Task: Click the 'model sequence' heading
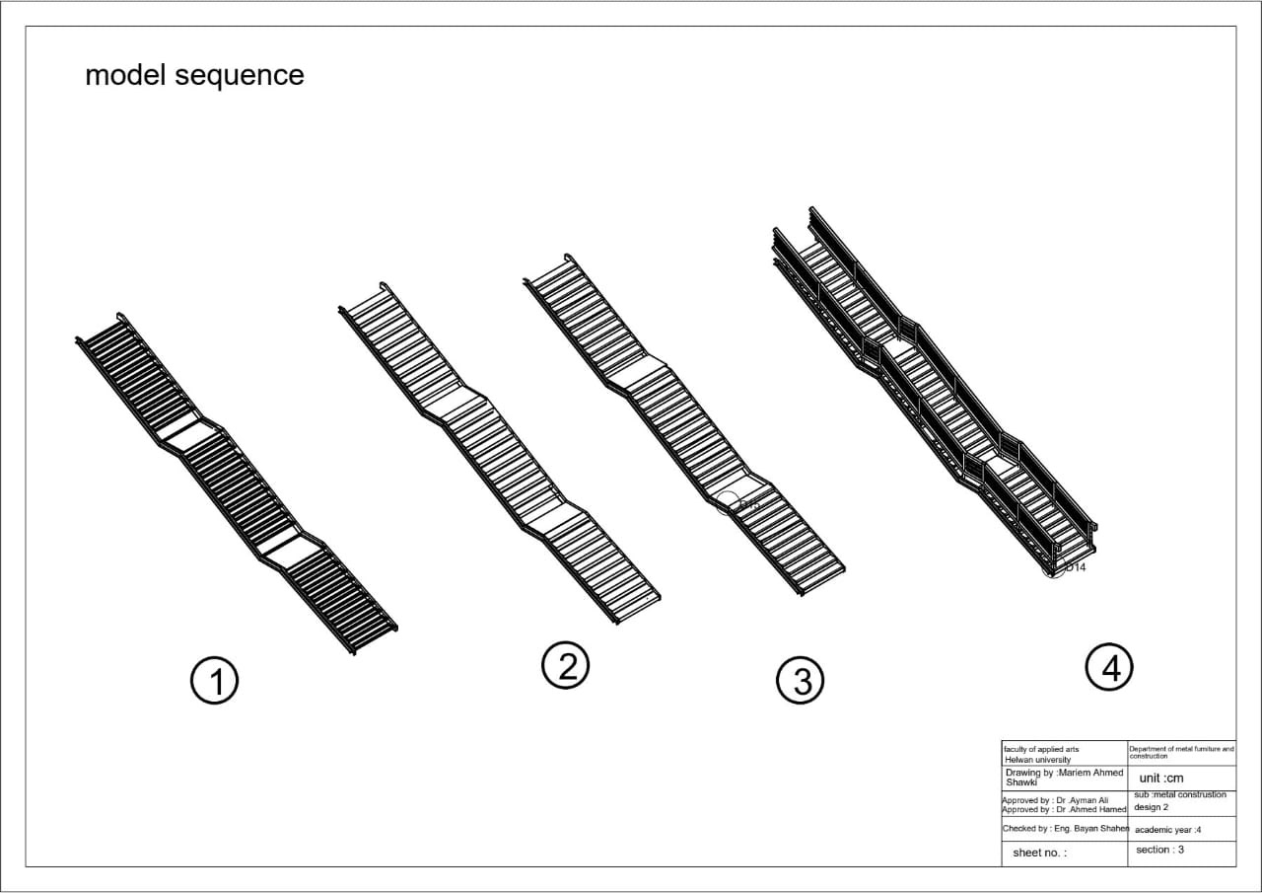[x=194, y=75]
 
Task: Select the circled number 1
[x=214, y=681]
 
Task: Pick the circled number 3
[x=801, y=681]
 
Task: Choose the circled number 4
[x=1109, y=667]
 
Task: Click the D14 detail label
[x=1075, y=567]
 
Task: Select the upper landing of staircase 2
[x=456, y=402]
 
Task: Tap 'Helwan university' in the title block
[x=1036, y=760]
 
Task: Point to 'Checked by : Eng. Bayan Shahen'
[x=1065, y=829]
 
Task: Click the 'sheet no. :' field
[x=1039, y=853]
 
